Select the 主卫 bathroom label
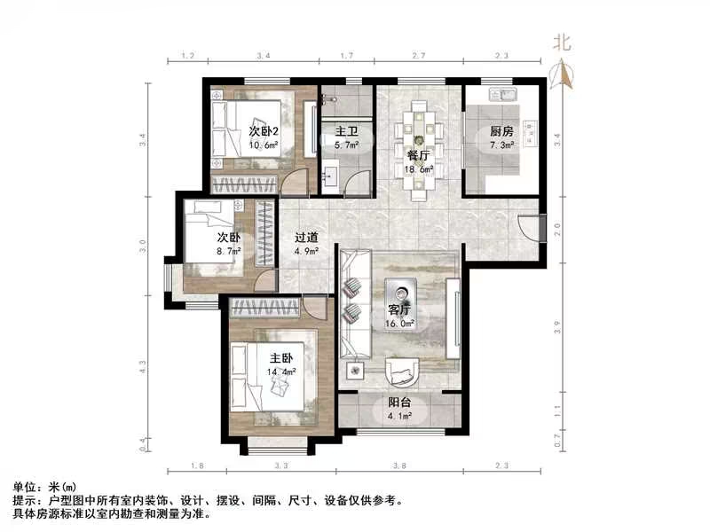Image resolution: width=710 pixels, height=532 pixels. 345,132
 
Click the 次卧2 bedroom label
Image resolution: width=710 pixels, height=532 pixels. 241,131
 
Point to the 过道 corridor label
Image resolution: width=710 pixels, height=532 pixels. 307,238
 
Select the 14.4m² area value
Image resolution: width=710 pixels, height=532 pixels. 282,373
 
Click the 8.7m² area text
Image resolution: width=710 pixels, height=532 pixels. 227,251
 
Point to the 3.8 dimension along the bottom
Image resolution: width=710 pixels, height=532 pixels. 399,465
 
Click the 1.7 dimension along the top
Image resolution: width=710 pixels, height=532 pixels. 346,56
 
